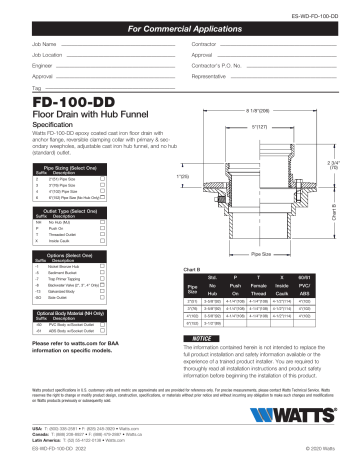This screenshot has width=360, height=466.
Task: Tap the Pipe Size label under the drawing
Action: (269, 242)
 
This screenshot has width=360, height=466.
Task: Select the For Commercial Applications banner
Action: (180, 33)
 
